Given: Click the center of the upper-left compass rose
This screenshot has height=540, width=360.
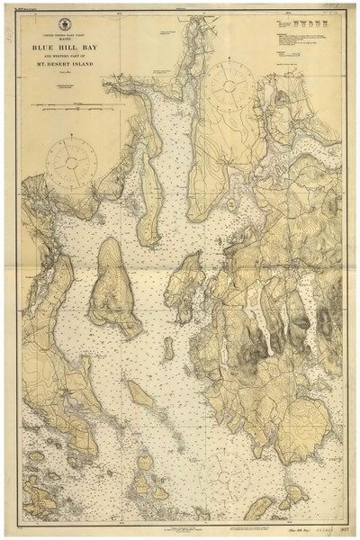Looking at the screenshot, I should click(71, 160).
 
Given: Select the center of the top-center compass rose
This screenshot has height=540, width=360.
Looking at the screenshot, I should click(233, 84).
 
